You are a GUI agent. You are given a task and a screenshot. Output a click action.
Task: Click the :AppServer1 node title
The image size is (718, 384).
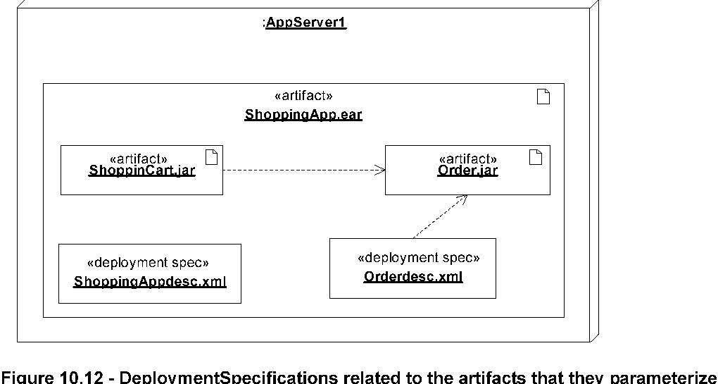coord(305,23)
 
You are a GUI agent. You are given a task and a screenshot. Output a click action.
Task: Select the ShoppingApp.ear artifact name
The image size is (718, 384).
coord(303,115)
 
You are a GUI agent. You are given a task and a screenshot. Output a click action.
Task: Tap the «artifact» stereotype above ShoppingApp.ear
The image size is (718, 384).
coord(303,96)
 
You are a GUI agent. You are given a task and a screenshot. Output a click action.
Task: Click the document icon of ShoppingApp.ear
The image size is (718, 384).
coord(543,97)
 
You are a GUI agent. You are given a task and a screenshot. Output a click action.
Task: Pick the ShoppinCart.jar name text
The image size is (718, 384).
coord(142,171)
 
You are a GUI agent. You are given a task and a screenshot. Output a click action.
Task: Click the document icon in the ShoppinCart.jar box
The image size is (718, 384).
coord(211,157)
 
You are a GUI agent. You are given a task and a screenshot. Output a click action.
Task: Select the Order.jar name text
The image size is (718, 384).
coord(467,171)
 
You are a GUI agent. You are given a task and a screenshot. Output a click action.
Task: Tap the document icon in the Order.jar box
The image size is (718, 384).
coord(536,157)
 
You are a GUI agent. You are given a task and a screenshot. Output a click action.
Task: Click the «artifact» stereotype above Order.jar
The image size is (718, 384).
coord(467,159)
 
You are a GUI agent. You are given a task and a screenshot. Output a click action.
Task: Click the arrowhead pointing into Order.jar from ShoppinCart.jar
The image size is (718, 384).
coord(381,170)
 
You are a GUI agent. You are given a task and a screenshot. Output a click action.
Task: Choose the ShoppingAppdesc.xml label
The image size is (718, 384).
coord(150,281)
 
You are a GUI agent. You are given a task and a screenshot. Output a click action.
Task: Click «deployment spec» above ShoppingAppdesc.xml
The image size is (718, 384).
coord(148,263)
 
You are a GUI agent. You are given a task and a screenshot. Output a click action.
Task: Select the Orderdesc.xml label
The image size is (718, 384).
coord(413,277)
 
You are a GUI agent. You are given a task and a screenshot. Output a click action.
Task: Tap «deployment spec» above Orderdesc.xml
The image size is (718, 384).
coord(418,258)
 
